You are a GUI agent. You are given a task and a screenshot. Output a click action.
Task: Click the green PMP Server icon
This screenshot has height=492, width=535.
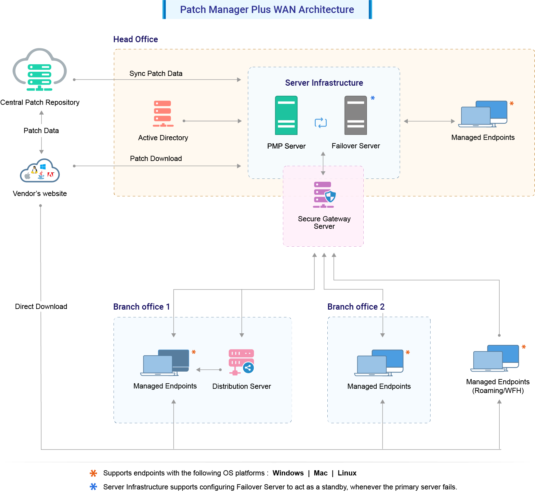[286, 115]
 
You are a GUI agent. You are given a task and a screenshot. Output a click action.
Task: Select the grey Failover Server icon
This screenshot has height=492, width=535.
[356, 115]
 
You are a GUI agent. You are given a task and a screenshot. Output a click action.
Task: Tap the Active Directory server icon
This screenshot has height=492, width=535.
[163, 114]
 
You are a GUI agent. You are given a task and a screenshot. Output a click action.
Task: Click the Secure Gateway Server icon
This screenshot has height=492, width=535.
[324, 195]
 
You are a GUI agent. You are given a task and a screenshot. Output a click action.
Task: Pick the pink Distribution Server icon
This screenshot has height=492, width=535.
[241, 362]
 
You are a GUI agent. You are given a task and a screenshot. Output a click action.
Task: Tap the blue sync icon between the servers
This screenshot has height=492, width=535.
[321, 123]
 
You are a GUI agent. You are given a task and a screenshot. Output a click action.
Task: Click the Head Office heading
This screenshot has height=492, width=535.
[135, 39]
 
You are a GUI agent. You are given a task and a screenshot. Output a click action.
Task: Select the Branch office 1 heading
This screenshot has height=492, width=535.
[141, 307]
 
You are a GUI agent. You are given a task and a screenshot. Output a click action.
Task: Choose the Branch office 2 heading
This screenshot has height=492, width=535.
[356, 307]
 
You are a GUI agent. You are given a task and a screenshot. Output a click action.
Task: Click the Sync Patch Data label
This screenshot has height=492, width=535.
[156, 74]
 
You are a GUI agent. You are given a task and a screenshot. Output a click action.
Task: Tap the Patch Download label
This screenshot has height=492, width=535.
[156, 159]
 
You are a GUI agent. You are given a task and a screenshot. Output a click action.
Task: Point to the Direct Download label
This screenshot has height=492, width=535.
[41, 307]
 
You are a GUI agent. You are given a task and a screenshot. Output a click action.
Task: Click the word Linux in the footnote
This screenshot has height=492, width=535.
[347, 473]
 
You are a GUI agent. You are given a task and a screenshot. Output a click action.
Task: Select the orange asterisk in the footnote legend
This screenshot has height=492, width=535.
[93, 473]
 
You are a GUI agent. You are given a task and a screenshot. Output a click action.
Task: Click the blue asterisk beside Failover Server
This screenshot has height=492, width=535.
[373, 98]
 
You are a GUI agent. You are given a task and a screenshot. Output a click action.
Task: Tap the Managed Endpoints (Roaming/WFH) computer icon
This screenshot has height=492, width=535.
[495, 358]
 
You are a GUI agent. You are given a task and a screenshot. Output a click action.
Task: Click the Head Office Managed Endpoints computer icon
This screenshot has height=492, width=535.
[483, 114]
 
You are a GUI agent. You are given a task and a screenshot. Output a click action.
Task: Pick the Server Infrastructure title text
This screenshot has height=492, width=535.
[324, 83]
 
